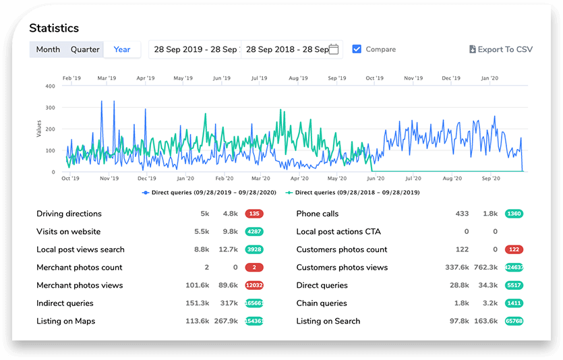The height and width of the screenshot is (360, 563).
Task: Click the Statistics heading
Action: (x=54, y=28)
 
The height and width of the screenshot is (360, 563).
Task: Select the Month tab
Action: (x=48, y=49)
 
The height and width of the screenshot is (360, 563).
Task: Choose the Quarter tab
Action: (x=85, y=49)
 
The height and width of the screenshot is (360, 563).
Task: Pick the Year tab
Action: (x=122, y=49)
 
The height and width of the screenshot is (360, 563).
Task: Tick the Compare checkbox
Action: (x=357, y=49)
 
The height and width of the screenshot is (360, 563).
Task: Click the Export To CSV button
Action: (x=500, y=49)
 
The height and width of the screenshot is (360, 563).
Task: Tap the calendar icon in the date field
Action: (x=334, y=49)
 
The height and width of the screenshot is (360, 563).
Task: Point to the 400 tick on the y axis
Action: (x=50, y=86)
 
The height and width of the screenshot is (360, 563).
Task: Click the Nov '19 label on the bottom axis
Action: (x=109, y=179)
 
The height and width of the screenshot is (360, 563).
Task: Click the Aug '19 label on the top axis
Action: (x=298, y=78)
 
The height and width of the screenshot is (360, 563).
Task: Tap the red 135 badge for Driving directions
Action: (x=254, y=214)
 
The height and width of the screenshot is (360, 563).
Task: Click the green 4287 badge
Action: (x=254, y=232)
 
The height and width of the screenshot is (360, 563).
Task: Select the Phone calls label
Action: (x=318, y=214)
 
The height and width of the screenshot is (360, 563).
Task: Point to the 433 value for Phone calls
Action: (x=462, y=214)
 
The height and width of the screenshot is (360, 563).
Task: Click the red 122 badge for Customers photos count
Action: (x=514, y=249)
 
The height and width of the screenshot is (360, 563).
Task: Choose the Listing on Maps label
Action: (x=65, y=321)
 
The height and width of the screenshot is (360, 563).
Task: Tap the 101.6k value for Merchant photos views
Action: (x=198, y=285)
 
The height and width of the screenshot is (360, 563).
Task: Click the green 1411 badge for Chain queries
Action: (x=514, y=303)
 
